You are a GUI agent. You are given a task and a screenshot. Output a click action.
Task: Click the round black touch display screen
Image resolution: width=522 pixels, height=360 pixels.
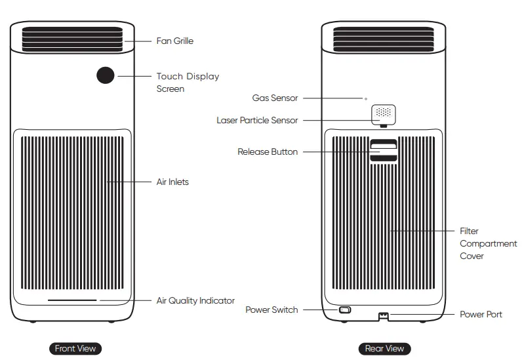[x=105, y=75]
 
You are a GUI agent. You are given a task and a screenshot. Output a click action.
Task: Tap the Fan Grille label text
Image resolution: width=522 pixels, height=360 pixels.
[x=174, y=41]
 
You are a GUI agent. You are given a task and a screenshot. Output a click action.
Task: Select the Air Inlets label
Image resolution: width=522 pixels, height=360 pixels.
[x=172, y=182]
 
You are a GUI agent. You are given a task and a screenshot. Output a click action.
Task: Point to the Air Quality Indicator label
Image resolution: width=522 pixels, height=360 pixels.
[x=195, y=300]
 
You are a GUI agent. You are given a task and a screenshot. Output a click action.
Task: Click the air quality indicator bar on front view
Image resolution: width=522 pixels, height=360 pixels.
[x=72, y=301]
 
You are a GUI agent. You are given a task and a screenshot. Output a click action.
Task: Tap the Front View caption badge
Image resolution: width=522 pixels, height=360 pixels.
[x=76, y=348]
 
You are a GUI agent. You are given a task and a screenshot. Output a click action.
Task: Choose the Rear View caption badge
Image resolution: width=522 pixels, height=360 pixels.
[x=384, y=348]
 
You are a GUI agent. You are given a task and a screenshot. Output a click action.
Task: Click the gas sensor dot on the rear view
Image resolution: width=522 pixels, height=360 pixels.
[x=366, y=98]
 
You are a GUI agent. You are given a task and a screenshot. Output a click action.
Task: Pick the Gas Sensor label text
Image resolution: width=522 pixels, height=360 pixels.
[x=275, y=98]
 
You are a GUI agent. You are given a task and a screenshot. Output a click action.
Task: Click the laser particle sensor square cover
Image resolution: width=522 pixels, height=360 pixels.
[x=384, y=113]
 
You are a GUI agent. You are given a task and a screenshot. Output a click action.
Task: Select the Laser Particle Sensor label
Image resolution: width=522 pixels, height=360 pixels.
[x=257, y=120]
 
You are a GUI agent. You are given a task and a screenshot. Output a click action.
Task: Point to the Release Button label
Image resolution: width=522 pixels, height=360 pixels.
[x=268, y=151]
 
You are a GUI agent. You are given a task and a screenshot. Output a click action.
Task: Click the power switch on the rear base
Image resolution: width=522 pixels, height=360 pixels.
[x=345, y=310]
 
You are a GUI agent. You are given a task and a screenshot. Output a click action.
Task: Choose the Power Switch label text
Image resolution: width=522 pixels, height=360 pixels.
[x=271, y=310]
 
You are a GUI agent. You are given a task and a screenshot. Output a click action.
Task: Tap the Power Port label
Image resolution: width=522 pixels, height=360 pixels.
[x=481, y=314]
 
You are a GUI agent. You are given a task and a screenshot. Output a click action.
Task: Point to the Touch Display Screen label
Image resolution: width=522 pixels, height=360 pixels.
[x=188, y=82]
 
